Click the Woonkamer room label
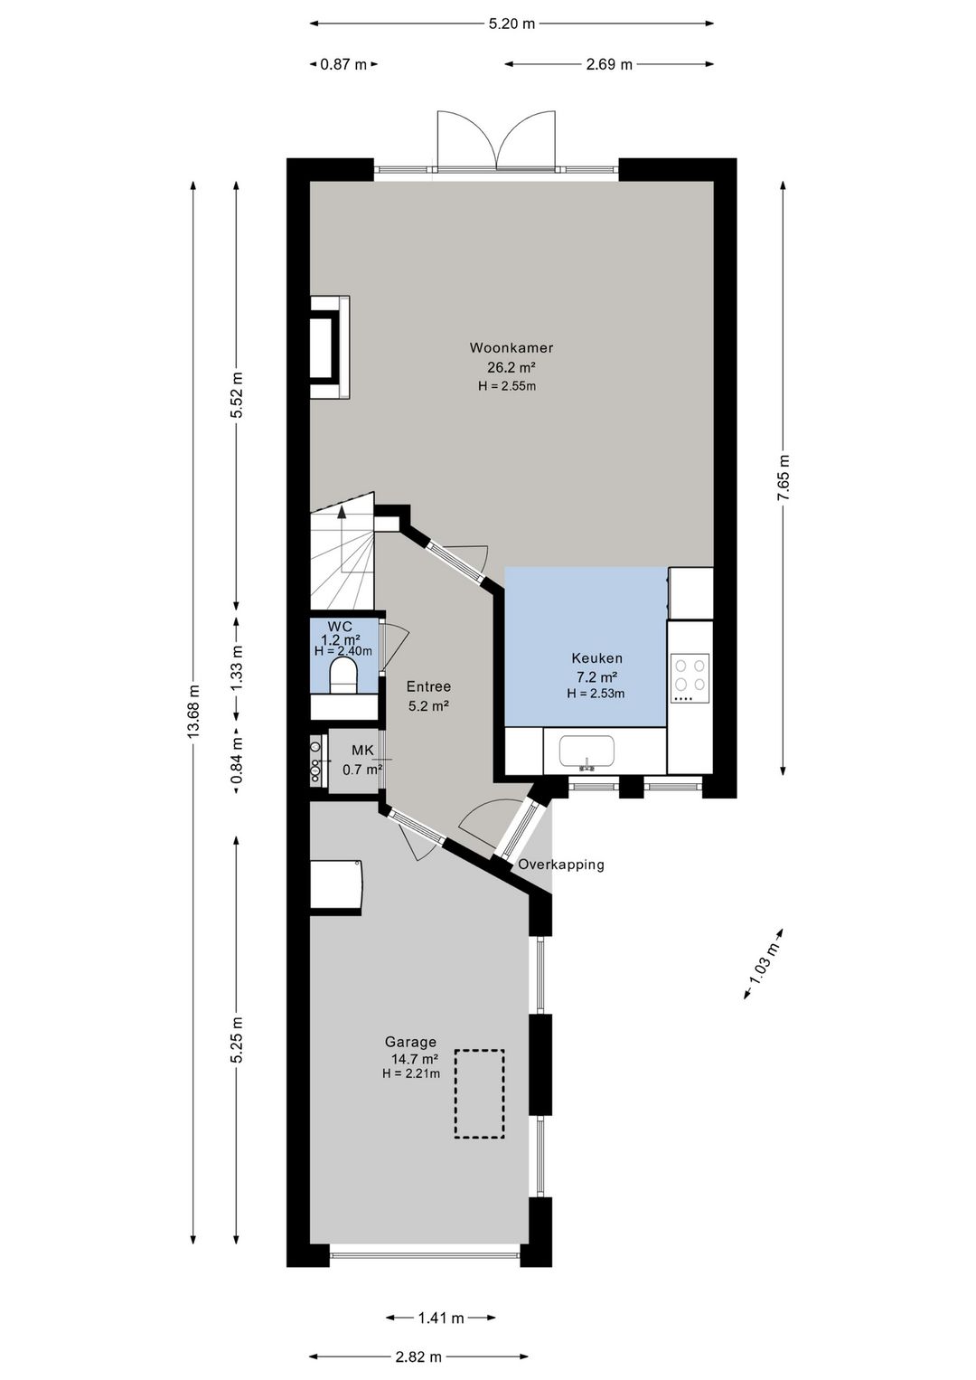[511, 347]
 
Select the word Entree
[428, 686]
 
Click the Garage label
[410, 1042]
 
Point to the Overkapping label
[561, 865]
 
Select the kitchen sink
[587, 752]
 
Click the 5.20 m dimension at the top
[511, 24]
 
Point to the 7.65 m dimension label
[783, 477]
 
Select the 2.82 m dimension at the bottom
[418, 1318]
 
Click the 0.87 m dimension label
[343, 64]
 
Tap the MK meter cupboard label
[362, 750]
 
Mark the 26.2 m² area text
[511, 368]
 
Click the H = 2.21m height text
[410, 1073]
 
